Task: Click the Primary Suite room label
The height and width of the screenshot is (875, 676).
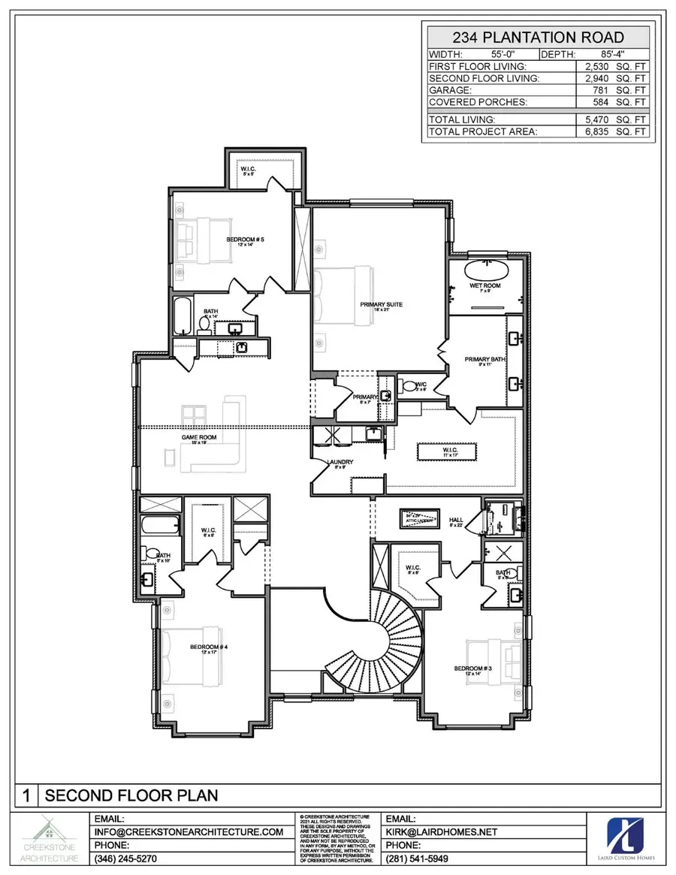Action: (381, 304)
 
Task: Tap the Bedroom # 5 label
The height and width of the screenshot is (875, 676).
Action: (246, 240)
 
